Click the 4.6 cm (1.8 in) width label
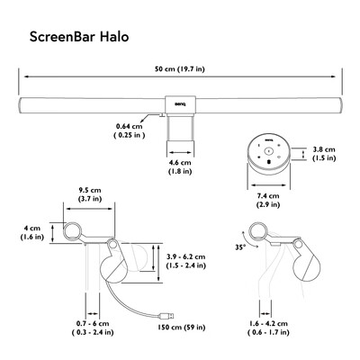click(180, 167)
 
